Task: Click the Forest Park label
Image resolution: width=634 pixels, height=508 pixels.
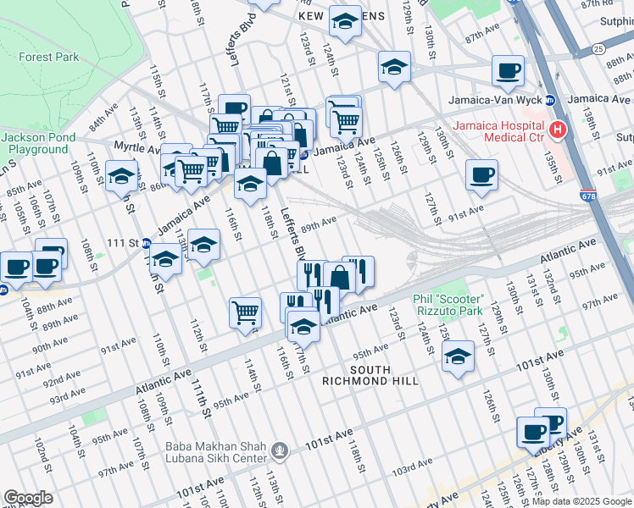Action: click(x=49, y=58)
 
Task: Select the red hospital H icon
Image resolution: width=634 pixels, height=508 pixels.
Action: click(x=557, y=130)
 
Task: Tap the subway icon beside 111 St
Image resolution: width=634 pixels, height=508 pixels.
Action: click(x=145, y=243)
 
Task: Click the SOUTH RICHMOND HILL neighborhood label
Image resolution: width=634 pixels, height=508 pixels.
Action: click(x=370, y=375)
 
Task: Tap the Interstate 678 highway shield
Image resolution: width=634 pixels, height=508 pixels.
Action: click(x=588, y=196)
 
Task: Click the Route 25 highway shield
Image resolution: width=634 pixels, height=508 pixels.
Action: click(x=598, y=49)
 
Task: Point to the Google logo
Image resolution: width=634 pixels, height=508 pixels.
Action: click(x=28, y=498)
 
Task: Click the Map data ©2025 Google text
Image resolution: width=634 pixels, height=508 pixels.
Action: click(x=581, y=501)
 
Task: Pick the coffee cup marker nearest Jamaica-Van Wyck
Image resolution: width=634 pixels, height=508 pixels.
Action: click(x=508, y=71)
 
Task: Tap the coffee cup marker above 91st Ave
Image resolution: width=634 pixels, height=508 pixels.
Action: click(x=481, y=175)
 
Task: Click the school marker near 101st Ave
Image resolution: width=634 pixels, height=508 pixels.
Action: click(x=458, y=356)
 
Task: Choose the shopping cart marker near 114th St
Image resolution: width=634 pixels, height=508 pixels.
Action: click(x=245, y=312)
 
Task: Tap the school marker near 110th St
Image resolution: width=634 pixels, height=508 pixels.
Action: click(x=122, y=178)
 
